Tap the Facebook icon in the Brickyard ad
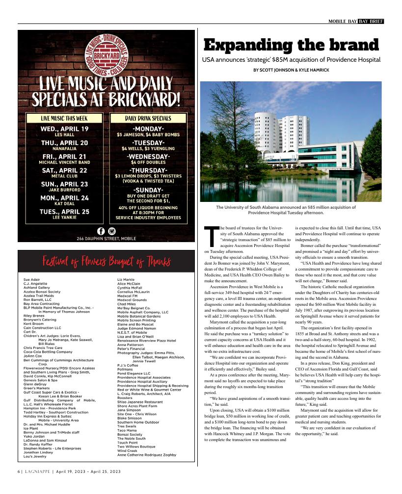click(x=101, y=231)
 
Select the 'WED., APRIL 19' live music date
click(x=65, y=129)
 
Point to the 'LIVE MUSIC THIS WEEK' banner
click(x=64, y=118)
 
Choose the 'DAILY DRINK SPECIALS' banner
click(x=148, y=118)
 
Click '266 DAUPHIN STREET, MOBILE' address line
click(x=107, y=239)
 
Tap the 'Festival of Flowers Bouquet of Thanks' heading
click(x=107, y=261)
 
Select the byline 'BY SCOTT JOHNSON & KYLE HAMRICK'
click(x=291, y=71)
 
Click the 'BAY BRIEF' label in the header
click(x=371, y=21)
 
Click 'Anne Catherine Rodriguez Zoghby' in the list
click(x=146, y=455)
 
